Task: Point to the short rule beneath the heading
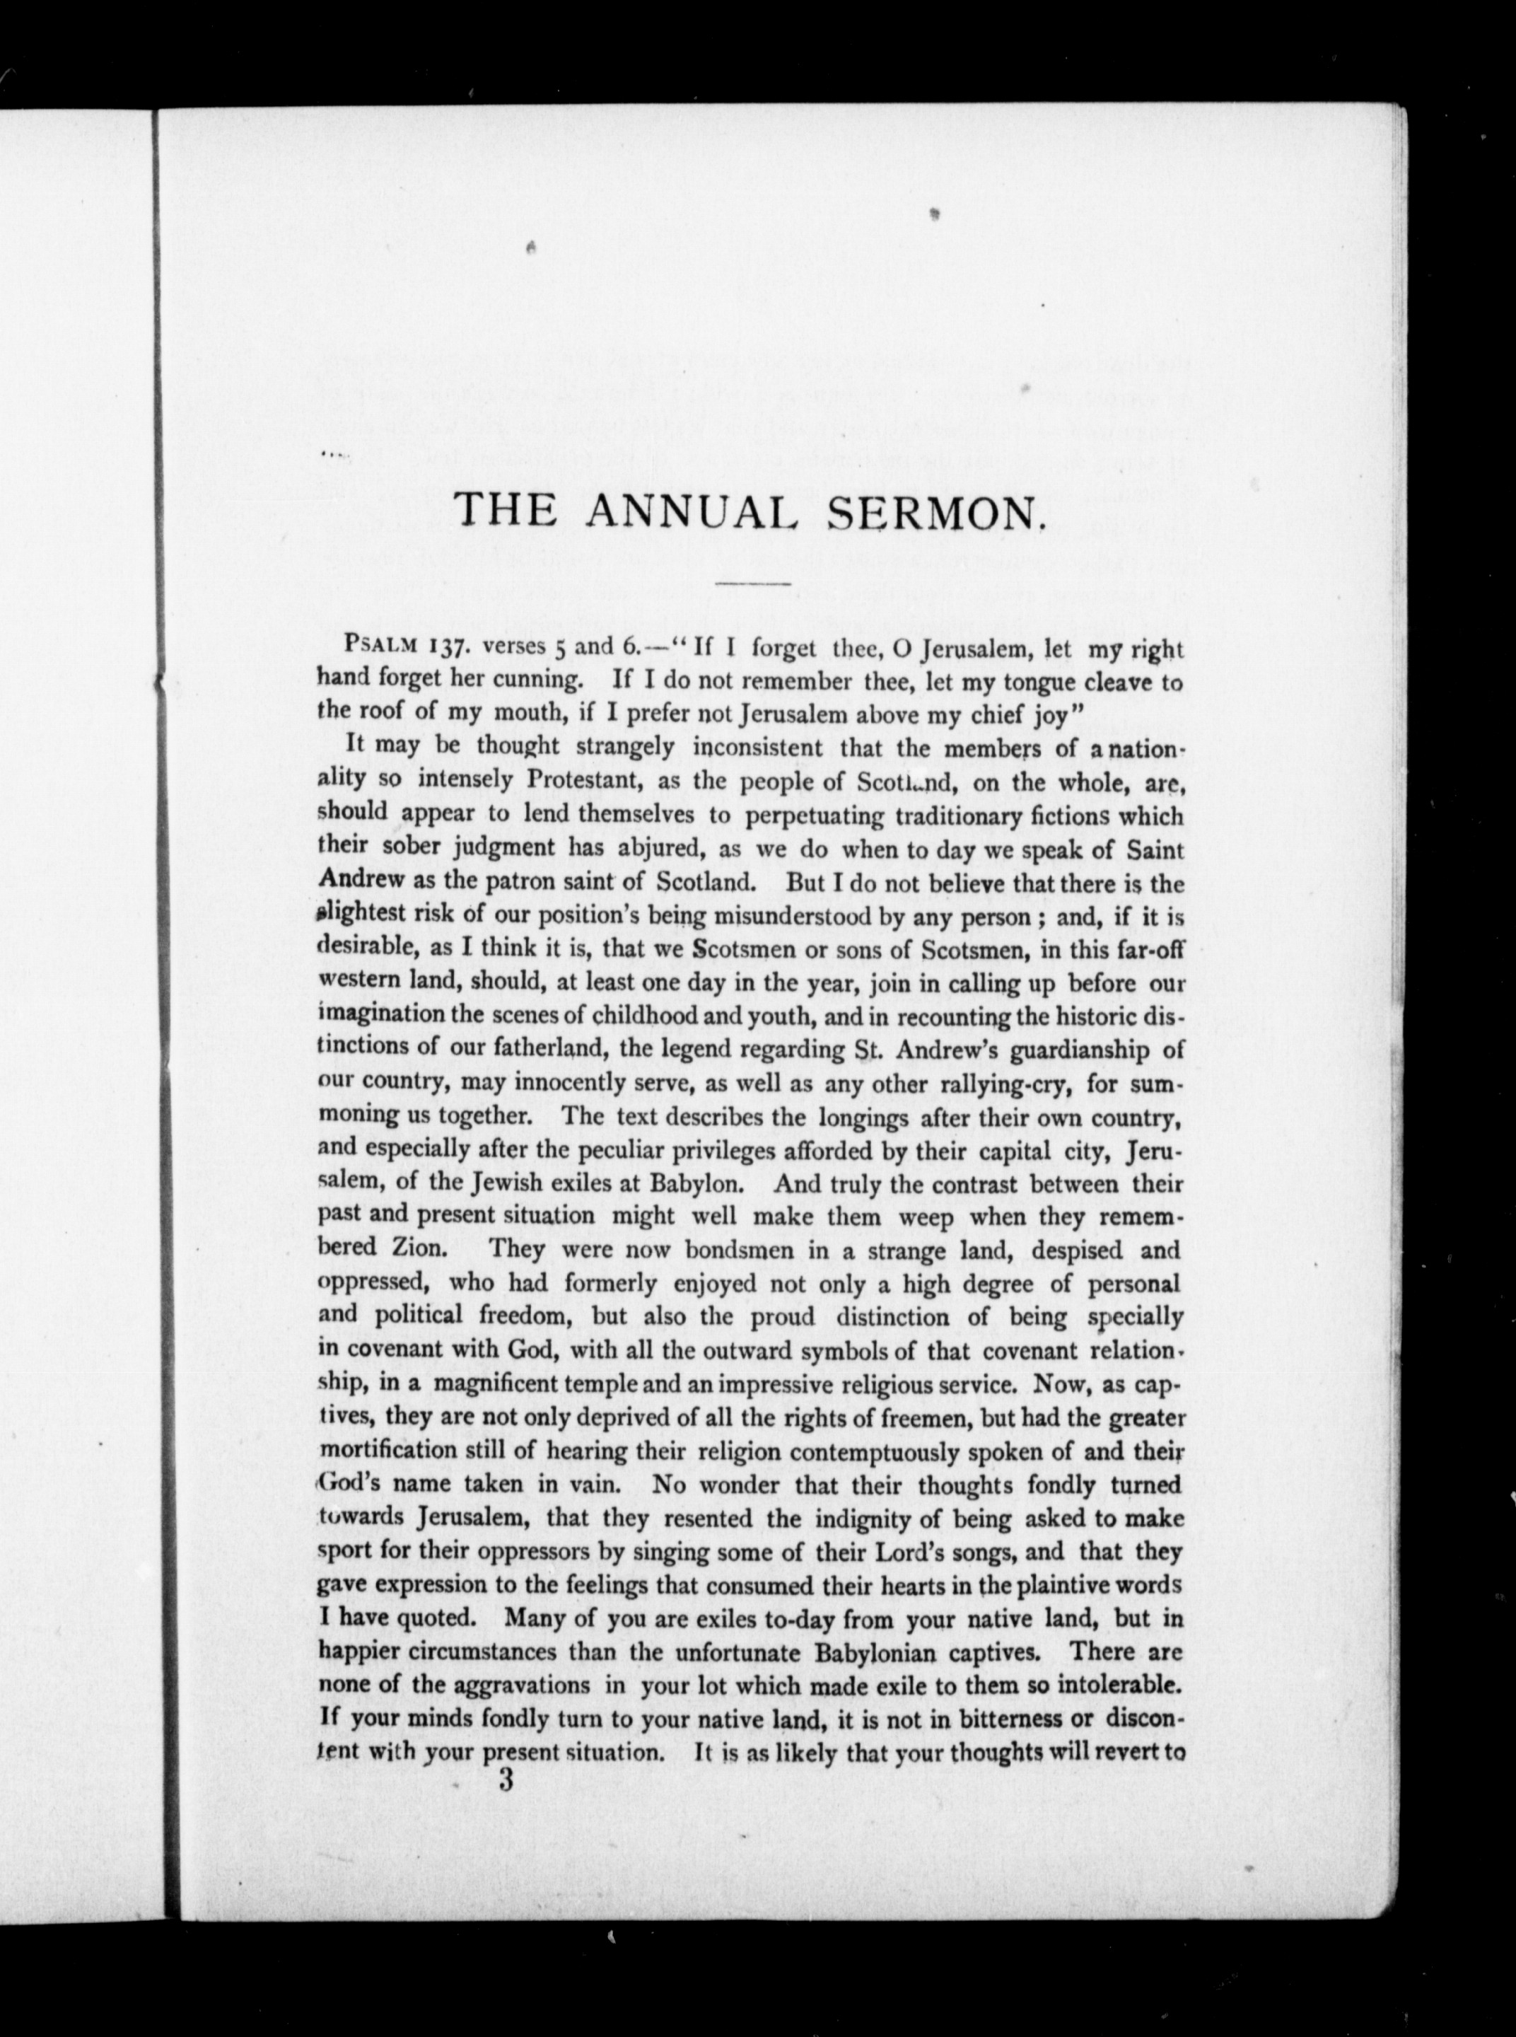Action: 752,584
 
